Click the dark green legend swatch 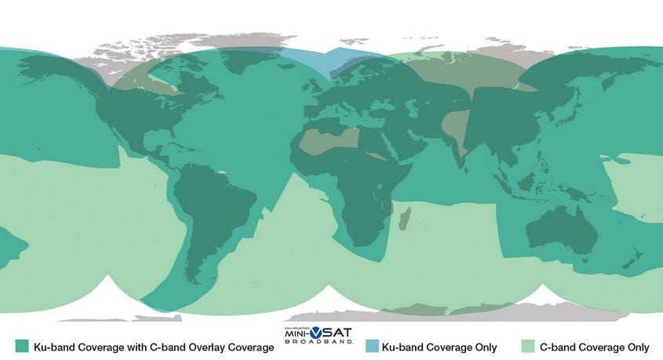[22, 347]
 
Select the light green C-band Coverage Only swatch [528, 347]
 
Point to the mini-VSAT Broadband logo [318, 336]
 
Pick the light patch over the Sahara [330, 142]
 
